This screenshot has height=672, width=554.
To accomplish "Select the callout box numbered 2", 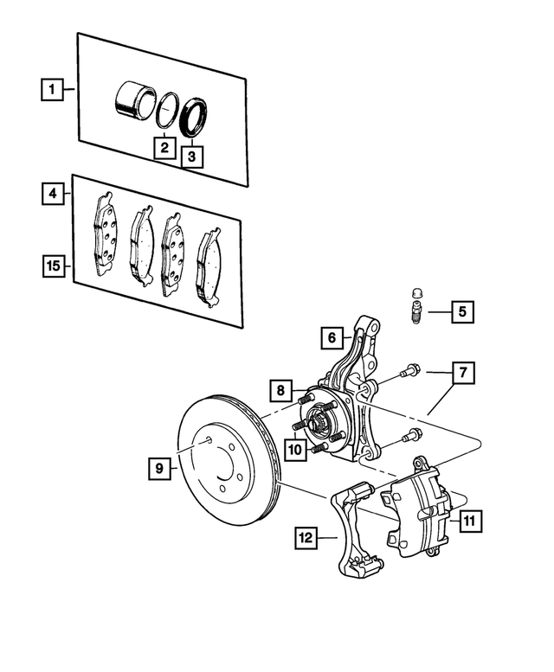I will click(163, 147).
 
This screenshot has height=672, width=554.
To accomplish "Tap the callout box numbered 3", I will click(192, 157).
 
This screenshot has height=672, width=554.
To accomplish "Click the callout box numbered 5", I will click(461, 311).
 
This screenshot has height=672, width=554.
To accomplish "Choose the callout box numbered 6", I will click(330, 336).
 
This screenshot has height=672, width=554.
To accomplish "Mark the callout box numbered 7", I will click(462, 373).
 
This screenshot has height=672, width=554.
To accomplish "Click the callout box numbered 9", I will click(159, 468).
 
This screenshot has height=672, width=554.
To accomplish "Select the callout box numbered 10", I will click(294, 449).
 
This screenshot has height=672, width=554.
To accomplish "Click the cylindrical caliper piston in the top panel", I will click(132, 98).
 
